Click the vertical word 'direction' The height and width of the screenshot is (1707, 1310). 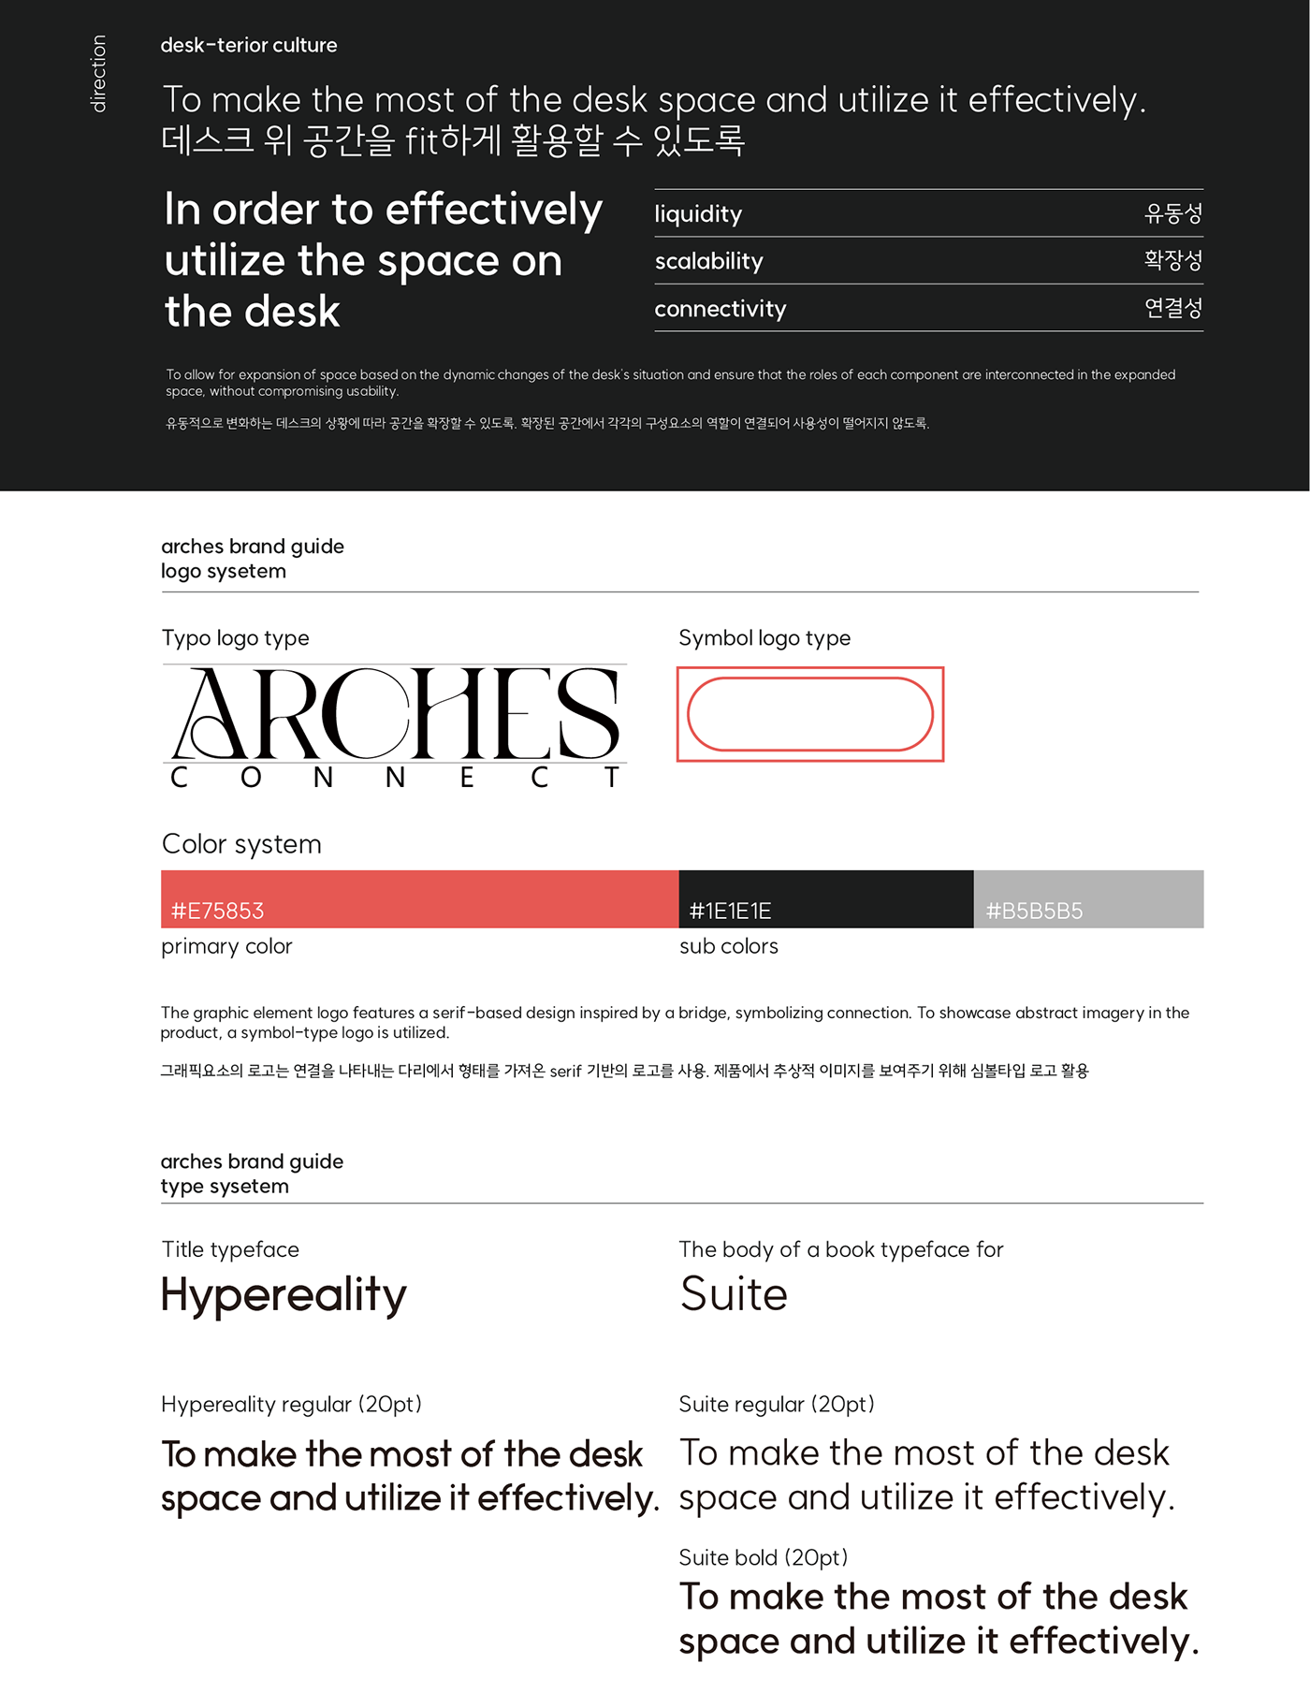[98, 74]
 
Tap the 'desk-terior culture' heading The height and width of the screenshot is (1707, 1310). [248, 45]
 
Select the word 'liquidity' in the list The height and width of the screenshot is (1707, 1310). [698, 214]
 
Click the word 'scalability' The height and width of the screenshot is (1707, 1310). [708, 261]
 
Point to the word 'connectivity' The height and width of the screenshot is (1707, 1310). [720, 309]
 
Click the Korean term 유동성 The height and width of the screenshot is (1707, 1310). [1172, 213]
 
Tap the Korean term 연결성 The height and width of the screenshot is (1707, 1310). [1172, 308]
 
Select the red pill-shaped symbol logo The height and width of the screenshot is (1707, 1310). [810, 714]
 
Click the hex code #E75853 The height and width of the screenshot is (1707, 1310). [217, 911]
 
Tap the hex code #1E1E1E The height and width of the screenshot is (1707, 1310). [730, 911]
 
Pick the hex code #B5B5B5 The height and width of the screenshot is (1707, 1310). [1034, 911]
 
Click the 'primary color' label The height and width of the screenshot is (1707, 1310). [226, 946]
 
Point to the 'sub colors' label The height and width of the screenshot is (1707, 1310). [728, 946]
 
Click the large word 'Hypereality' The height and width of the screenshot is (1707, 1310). [284, 1296]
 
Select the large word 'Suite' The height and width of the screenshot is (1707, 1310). [734, 1294]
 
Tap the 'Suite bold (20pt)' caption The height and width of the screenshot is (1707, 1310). [763, 1557]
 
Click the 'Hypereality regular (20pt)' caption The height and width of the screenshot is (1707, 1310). [291, 1404]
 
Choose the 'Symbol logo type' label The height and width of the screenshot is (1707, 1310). [764, 638]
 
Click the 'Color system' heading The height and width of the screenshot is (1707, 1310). [241, 844]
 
